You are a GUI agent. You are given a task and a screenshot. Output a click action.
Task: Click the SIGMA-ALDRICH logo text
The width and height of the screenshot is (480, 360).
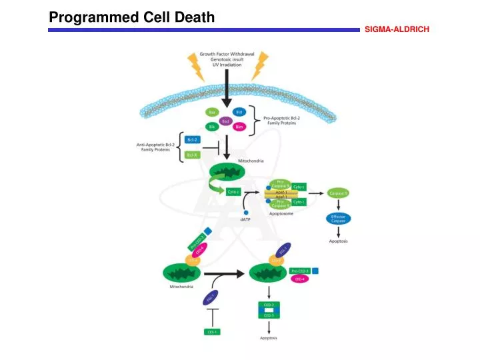pos(397,29)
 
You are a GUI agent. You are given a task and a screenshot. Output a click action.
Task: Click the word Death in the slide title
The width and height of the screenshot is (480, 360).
pos(191,17)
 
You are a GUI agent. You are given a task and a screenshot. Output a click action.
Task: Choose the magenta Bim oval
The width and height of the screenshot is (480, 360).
pos(238,127)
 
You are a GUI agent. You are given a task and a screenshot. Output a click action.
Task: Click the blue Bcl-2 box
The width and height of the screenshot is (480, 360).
pos(192,139)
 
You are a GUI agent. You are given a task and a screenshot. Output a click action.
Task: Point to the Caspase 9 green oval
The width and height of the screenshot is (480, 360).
pos(337,193)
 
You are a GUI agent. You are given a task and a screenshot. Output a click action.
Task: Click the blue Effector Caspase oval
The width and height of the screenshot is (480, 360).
pos(338,219)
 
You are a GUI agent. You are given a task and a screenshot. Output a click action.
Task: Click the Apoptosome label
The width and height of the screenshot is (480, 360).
pos(283,214)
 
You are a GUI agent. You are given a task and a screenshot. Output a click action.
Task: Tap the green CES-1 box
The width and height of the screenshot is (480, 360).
pos(211,331)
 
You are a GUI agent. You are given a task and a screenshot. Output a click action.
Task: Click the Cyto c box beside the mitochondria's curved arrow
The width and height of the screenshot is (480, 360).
pos(233,191)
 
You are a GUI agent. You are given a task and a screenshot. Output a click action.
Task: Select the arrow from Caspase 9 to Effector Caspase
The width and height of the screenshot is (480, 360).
pos(338,205)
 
